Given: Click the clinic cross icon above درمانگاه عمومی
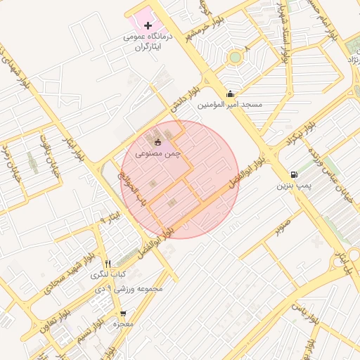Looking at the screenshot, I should click(x=147, y=25).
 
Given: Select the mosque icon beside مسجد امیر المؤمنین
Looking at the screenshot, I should click(x=230, y=94).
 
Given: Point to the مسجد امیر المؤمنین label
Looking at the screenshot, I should click(x=229, y=105).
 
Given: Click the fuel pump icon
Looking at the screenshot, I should click(x=292, y=175).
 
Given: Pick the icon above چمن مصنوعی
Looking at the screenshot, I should click(x=157, y=141).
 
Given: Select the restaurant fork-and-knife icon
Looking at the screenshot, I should click(x=108, y=263).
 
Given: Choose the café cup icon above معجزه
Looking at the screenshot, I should click(x=123, y=314).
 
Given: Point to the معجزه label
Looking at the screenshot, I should click(x=123, y=324).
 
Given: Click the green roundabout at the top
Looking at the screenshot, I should click(x=235, y=57).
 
